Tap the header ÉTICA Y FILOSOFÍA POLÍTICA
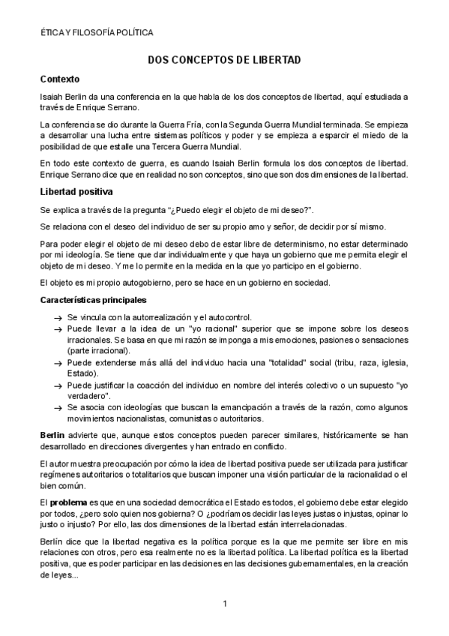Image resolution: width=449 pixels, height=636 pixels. click(x=97, y=33)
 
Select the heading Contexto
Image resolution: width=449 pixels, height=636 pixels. click(x=60, y=79)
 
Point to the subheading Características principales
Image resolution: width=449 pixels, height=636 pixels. click(x=100, y=300)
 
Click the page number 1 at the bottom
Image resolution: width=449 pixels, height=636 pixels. click(x=224, y=603)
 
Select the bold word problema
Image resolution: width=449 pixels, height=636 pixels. click(x=71, y=500)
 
